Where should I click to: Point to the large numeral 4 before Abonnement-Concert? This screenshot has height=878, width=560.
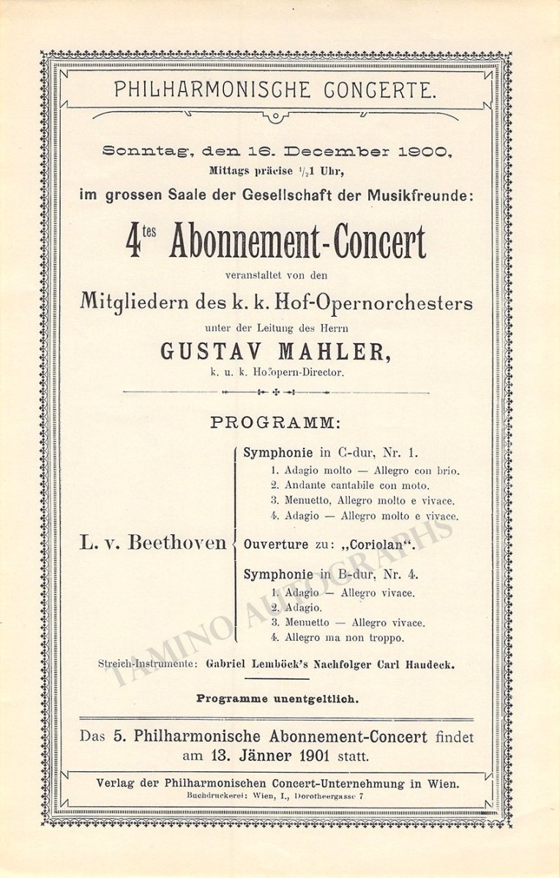pos(135,243)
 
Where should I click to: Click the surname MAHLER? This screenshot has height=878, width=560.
pos(337,352)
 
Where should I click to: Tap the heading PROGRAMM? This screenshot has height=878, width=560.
pos(275,423)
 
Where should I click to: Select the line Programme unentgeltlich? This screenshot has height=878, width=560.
pos(277,699)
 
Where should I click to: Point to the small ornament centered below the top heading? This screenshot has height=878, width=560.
pos(275,117)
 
